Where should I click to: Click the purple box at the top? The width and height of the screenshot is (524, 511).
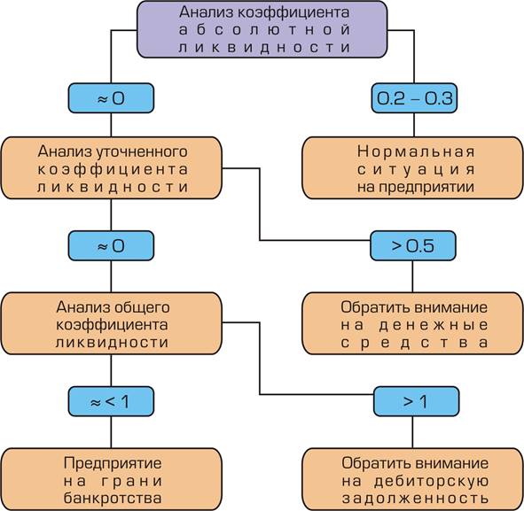262,29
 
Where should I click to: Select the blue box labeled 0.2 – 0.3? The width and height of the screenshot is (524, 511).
414,98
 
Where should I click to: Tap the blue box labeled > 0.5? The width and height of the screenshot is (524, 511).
413,245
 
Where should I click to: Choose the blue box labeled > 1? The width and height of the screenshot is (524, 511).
416,401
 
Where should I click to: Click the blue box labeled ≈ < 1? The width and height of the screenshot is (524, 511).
111,401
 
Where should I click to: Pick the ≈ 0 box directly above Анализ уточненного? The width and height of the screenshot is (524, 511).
111,98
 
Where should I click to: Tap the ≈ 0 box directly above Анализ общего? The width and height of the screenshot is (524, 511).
111,245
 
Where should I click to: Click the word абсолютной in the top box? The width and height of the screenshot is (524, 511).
264,30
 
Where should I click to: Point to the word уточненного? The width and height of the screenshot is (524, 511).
141,152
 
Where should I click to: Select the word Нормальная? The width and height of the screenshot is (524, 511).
416,151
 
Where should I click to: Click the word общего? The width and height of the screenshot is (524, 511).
142,308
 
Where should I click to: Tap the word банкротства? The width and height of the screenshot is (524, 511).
113,499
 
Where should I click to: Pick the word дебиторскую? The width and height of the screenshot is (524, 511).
432,481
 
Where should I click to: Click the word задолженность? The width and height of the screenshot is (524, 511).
416,499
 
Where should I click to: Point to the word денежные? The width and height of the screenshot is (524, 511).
434,325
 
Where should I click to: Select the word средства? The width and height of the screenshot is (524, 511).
414,343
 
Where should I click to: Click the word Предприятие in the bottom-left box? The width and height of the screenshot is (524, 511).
113,463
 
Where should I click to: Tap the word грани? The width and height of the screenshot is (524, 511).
131,481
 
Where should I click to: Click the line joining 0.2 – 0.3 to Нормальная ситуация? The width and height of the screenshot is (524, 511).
414,125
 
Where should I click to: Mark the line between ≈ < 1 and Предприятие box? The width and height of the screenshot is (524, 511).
111,432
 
